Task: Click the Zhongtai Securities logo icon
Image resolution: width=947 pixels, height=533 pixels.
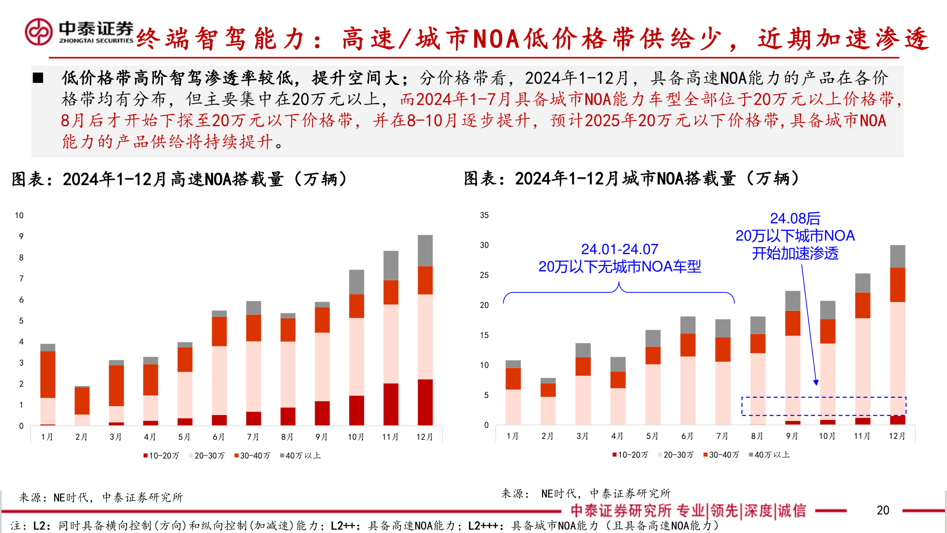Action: (38, 32)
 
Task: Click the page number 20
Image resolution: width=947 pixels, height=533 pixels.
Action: (883, 510)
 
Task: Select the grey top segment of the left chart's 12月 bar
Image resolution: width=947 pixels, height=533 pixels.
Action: (425, 250)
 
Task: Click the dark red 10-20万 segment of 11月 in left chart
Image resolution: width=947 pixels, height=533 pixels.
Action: (391, 404)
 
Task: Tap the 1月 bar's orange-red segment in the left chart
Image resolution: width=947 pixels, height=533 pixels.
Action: (48, 374)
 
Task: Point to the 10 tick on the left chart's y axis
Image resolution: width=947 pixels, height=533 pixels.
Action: (19, 215)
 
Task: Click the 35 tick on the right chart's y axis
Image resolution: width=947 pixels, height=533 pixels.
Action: (484, 215)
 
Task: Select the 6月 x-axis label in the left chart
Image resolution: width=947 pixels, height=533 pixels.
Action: (219, 437)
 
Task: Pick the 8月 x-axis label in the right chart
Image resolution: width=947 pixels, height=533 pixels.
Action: (757, 436)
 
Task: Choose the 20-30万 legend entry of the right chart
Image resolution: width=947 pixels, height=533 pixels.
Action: (676, 455)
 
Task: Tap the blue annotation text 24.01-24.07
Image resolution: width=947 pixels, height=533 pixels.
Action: (619, 249)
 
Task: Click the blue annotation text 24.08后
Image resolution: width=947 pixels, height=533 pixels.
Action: (795, 218)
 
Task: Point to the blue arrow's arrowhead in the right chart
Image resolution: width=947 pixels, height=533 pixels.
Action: (816, 382)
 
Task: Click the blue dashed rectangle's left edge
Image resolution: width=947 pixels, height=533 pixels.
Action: (742, 406)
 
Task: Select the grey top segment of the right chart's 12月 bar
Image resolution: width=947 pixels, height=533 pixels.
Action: (898, 256)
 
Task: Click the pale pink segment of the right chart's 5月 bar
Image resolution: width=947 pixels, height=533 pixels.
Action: (653, 394)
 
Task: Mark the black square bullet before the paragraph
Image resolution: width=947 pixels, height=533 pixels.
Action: (38, 78)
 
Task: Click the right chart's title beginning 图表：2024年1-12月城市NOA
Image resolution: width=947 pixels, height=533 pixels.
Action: (631, 178)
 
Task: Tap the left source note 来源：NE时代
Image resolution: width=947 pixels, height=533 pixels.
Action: (101, 497)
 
